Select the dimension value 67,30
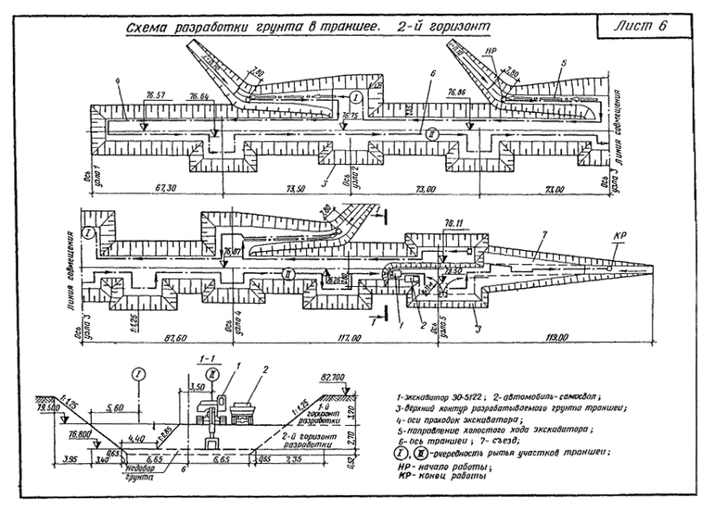[x=164, y=188]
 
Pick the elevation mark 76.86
[x=460, y=96]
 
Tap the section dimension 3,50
[x=195, y=389]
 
